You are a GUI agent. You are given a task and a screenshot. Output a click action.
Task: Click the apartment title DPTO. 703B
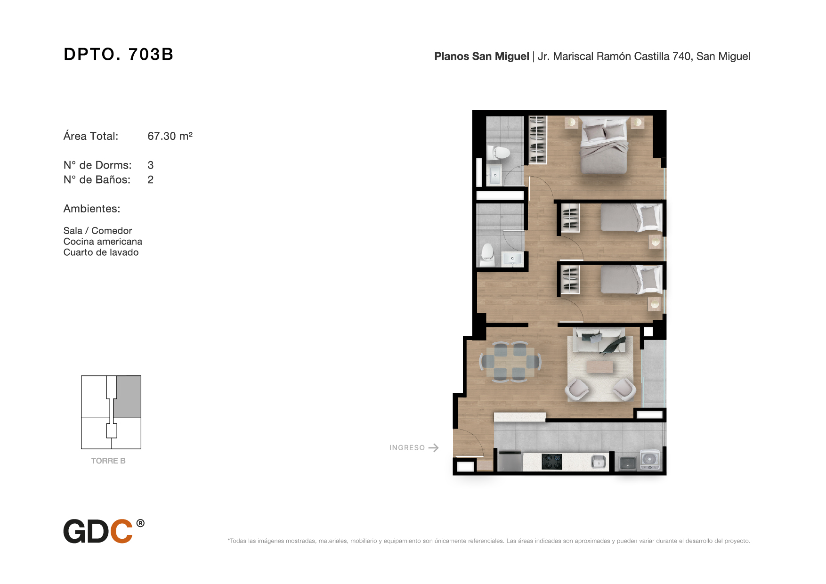pyautogui.click(x=119, y=54)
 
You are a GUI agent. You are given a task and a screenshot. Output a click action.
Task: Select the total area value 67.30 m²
pyautogui.click(x=170, y=136)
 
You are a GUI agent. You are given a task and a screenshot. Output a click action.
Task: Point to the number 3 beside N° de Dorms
pyautogui.click(x=151, y=165)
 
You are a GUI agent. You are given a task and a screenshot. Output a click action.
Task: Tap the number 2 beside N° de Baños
pyautogui.click(x=151, y=180)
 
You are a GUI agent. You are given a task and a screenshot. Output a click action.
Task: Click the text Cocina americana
pyautogui.click(x=103, y=242)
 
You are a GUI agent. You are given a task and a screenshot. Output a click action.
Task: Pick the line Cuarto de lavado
pyautogui.click(x=101, y=252)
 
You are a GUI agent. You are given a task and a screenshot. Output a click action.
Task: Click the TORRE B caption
pyautogui.click(x=108, y=461)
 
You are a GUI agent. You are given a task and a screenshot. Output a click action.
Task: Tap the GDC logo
pyautogui.click(x=104, y=531)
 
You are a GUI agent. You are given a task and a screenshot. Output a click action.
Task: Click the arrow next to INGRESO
pyautogui.click(x=434, y=448)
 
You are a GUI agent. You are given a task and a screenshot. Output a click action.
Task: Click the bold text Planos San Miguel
pyautogui.click(x=482, y=57)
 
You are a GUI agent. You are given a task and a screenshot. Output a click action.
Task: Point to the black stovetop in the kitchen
pyautogui.click(x=551, y=462)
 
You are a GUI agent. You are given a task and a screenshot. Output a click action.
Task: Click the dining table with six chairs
pyautogui.click(x=510, y=362)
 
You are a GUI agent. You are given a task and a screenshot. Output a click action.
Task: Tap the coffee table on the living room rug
pyautogui.click(x=599, y=366)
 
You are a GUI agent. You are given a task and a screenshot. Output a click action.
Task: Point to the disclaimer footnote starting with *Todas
pyautogui.click(x=489, y=541)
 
